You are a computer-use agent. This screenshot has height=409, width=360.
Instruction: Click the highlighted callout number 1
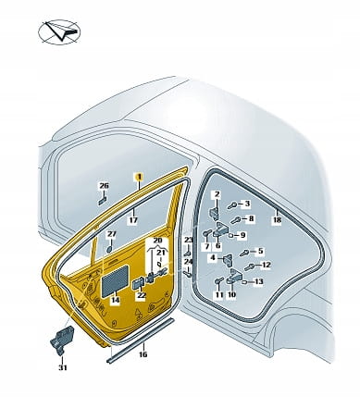(x=139, y=177)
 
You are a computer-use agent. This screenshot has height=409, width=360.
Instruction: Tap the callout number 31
(x=63, y=367)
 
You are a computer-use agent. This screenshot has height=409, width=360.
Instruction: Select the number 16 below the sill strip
(x=143, y=354)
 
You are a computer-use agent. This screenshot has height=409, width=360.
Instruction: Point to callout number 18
(x=277, y=220)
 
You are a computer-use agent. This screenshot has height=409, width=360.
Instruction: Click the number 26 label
(x=104, y=186)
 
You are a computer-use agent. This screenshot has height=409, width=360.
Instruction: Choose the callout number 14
(x=116, y=300)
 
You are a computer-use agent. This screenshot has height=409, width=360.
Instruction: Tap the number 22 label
(x=142, y=295)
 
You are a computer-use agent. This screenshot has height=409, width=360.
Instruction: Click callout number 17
(x=133, y=220)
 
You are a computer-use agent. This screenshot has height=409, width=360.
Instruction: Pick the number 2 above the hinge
(x=217, y=194)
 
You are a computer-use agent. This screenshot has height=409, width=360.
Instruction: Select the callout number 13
(x=259, y=281)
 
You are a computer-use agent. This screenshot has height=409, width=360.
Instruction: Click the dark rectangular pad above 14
(x=116, y=280)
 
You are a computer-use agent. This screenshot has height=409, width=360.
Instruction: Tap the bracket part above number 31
(x=62, y=339)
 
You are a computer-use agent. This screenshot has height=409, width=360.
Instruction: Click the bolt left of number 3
(x=233, y=204)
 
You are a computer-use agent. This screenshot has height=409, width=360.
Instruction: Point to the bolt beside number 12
(x=249, y=266)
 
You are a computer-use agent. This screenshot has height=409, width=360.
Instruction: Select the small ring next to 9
(x=231, y=236)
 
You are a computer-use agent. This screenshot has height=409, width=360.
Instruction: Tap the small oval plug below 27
(x=110, y=249)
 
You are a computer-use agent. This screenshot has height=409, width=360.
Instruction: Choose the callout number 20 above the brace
(x=157, y=241)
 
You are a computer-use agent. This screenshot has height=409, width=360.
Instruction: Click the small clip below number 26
(x=102, y=201)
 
